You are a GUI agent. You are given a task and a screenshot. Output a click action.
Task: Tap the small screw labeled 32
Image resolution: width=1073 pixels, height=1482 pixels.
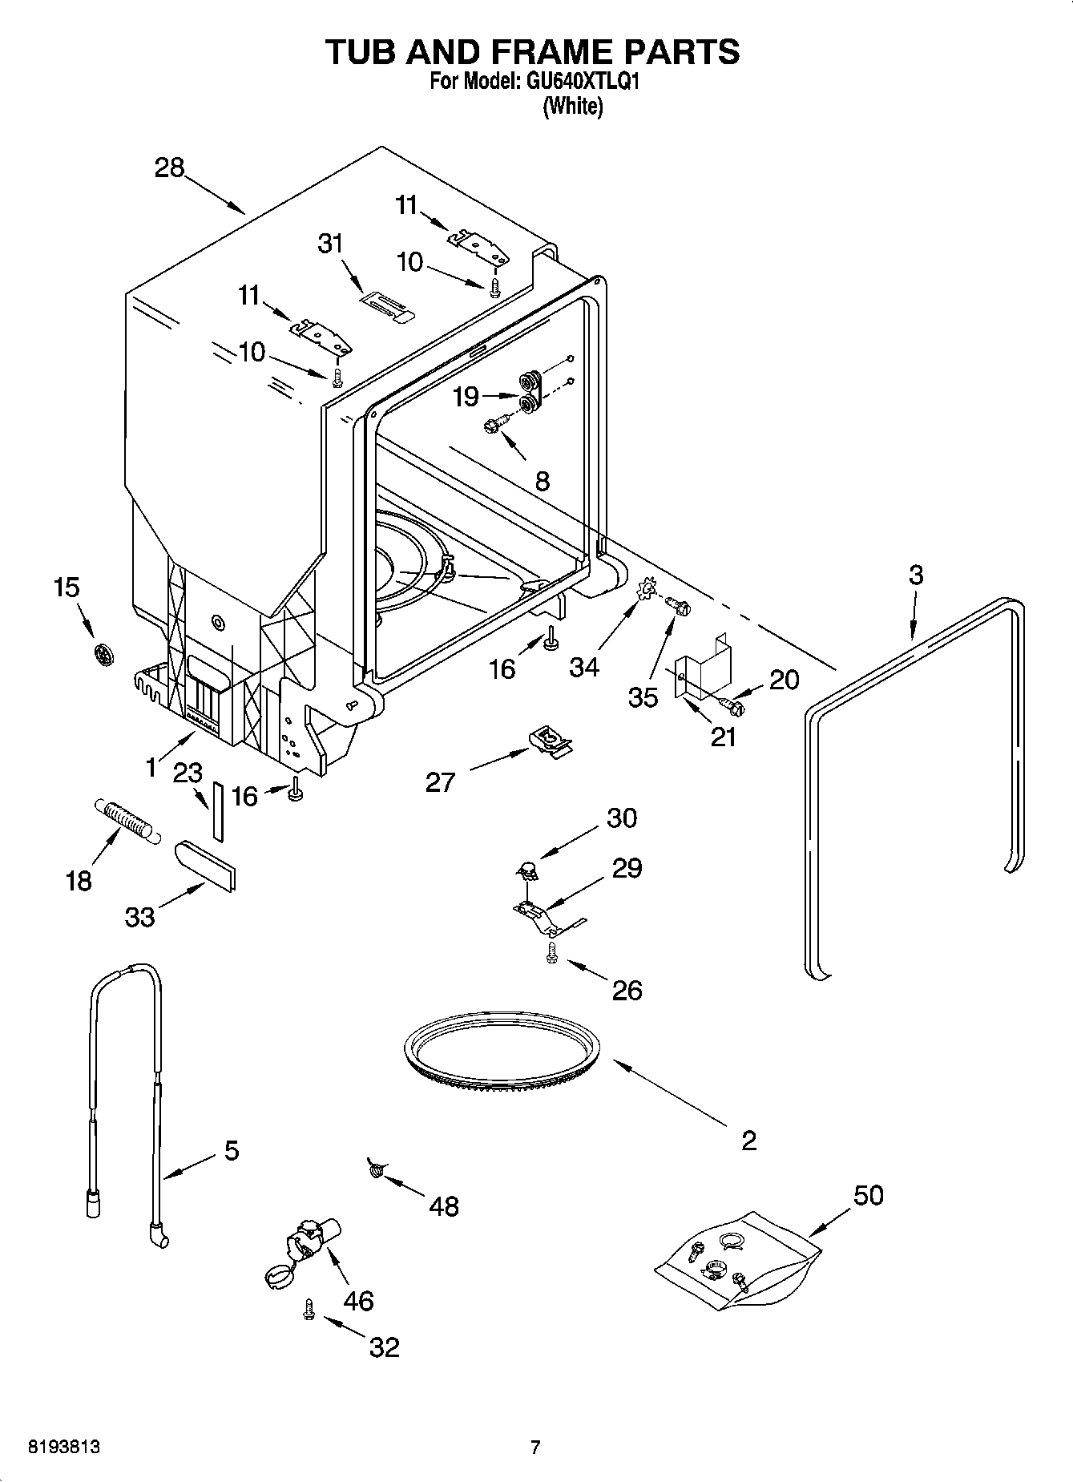pyautogui.click(x=308, y=1310)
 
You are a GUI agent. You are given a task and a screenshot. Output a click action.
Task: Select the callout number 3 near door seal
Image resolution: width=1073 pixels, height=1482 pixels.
pyautogui.click(x=916, y=575)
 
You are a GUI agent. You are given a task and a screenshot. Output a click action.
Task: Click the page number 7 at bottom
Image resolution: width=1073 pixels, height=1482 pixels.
pyautogui.click(x=535, y=1448)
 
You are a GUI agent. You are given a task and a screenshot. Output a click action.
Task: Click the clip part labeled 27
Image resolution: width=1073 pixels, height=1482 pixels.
pyautogui.click(x=552, y=739)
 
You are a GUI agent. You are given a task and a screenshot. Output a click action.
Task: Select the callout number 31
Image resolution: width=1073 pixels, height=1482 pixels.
pyautogui.click(x=330, y=243)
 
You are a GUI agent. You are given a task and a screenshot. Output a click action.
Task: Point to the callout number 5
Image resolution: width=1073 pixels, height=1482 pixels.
pyautogui.click(x=232, y=1151)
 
